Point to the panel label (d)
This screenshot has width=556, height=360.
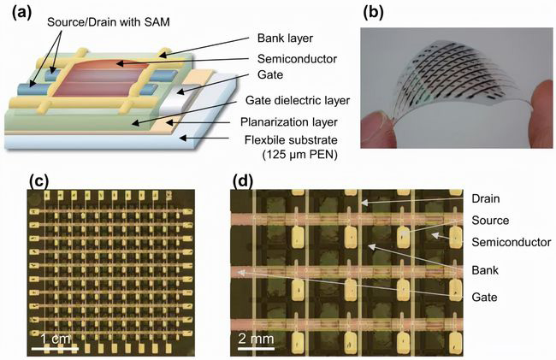[x=243, y=181]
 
